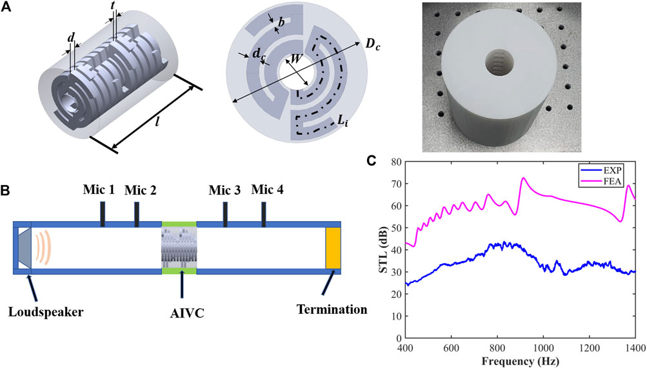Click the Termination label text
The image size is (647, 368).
pyautogui.click(x=332, y=309)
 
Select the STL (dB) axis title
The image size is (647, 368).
pyautogui.click(x=381, y=248)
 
